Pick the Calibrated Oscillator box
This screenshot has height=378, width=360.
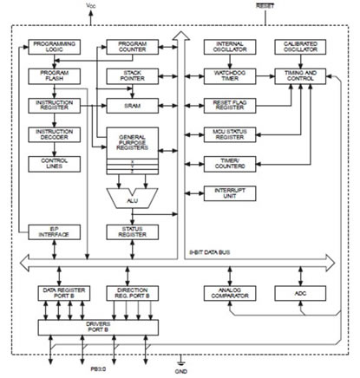298,47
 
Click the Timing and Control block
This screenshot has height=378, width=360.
298,76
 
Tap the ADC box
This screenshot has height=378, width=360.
298,295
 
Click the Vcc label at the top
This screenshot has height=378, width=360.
93,6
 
